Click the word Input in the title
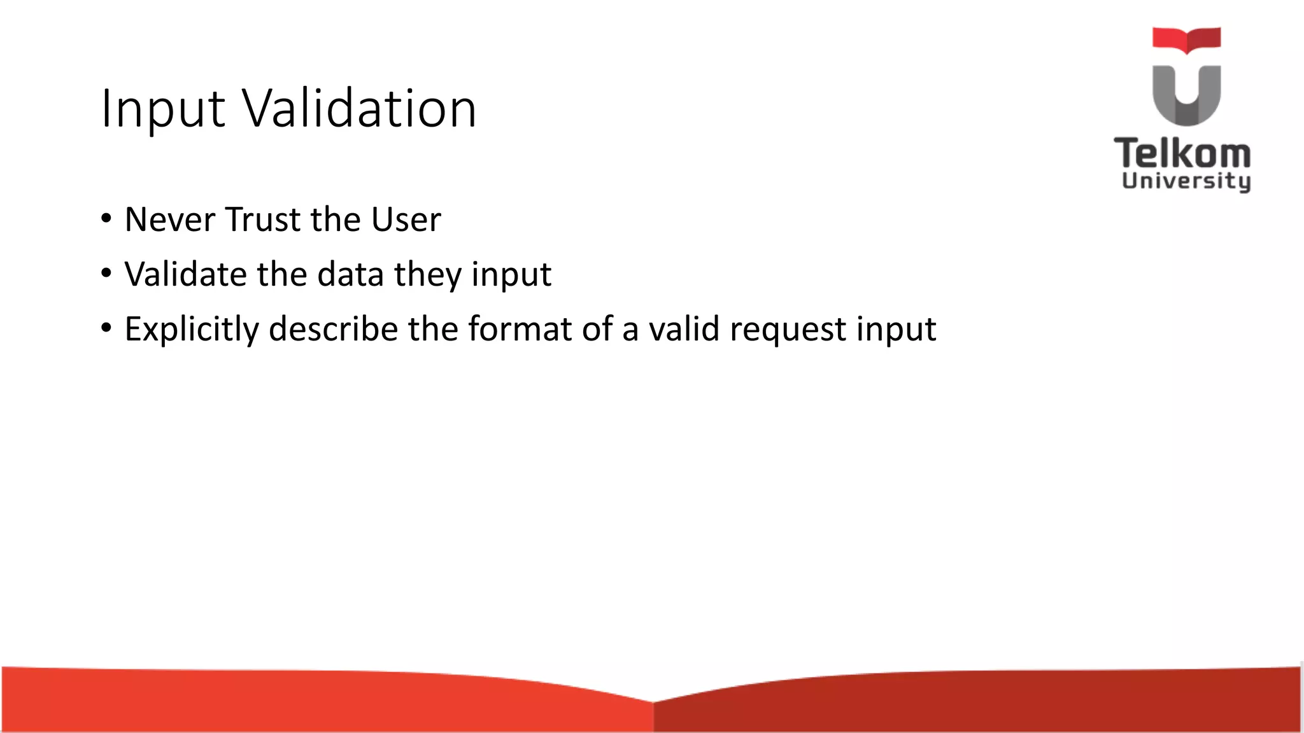click(163, 109)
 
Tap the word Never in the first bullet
click(169, 220)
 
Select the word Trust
click(263, 220)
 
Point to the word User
click(406, 220)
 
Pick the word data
click(351, 275)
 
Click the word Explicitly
click(192, 330)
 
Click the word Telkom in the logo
click(1182, 154)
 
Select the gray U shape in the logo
click(1186, 95)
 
